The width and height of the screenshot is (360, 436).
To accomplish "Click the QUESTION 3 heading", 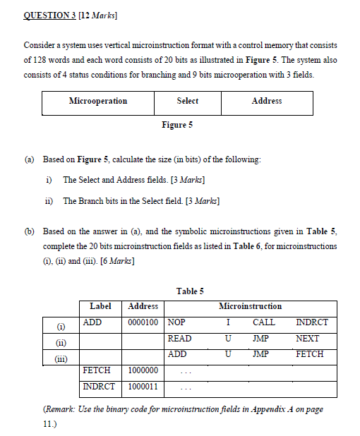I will pyautogui.click(x=51, y=14).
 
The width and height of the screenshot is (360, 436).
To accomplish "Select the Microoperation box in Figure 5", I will pyautogui.click(x=98, y=102).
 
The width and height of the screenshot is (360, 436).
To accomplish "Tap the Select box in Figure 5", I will pyautogui.click(x=187, y=102).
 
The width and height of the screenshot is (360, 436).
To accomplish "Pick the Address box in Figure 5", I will pyautogui.click(x=267, y=102).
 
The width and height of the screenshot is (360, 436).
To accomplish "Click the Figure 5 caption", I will pyautogui.click(x=177, y=125).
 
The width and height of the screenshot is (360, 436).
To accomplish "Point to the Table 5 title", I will pyautogui.click(x=190, y=291).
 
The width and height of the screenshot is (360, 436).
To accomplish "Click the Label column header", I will pyautogui.click(x=100, y=306).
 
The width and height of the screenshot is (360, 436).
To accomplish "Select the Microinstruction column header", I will pyautogui.click(x=251, y=306).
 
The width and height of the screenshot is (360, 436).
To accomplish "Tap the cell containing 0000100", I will pyautogui.click(x=143, y=322).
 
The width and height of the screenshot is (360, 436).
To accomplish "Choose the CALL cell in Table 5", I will pyautogui.click(x=264, y=322).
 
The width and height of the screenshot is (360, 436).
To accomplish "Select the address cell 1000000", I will pyautogui.click(x=143, y=370).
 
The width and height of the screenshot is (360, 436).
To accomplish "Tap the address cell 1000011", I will pyautogui.click(x=143, y=387).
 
